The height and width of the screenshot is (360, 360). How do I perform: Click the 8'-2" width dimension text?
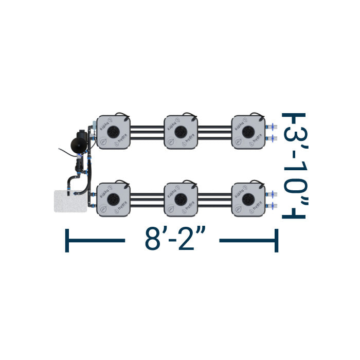tap(172, 239)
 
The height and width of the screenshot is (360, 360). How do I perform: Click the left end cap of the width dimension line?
tap(67, 240)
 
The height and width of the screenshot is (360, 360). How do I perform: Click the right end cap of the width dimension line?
tap(277, 240)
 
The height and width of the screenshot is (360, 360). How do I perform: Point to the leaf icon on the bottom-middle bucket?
tap(170, 208)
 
